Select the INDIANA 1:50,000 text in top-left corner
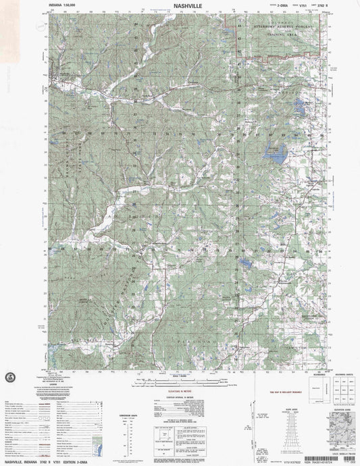pos(63,5)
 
